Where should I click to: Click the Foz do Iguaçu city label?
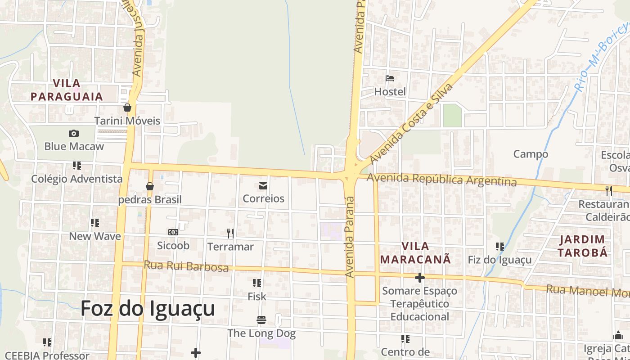click(x=148, y=309)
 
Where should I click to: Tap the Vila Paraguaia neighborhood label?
click(x=67, y=90)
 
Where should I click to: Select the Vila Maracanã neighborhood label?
click(x=415, y=253)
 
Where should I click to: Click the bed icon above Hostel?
click(x=390, y=78)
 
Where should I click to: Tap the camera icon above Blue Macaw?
click(x=74, y=133)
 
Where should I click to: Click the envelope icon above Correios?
click(x=263, y=185)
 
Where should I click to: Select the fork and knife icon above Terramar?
click(x=230, y=233)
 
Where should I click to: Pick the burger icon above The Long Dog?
click(x=261, y=320)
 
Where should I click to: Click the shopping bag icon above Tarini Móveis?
click(x=127, y=108)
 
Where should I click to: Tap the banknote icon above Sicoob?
click(x=173, y=232)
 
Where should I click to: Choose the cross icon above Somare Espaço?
click(x=419, y=278)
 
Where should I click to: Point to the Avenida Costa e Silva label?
click(x=410, y=123)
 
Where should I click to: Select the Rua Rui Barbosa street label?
click(x=186, y=266)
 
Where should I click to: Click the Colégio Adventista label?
click(x=76, y=179)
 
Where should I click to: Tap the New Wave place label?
click(x=95, y=236)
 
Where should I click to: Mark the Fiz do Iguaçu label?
click(x=499, y=260)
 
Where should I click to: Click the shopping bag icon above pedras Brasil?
click(x=150, y=186)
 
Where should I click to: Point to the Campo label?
click(x=531, y=154)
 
